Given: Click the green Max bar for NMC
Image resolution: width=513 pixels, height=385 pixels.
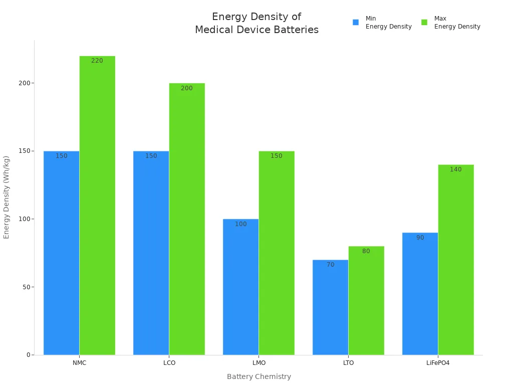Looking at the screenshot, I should pyautogui.click(x=97, y=206).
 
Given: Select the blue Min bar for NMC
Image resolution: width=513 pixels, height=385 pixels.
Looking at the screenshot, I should pyautogui.click(x=61, y=253).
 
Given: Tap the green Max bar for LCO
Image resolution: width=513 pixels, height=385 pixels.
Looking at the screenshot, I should pyautogui.click(x=187, y=219).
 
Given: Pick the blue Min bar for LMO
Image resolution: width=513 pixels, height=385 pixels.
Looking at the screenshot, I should pyautogui.click(x=240, y=287).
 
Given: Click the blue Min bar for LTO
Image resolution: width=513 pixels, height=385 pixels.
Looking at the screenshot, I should pyautogui.click(x=330, y=307).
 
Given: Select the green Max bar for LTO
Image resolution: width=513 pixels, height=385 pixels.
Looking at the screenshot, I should pyautogui.click(x=366, y=301).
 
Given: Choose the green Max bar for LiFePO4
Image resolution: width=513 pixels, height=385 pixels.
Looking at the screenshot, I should pyautogui.click(x=456, y=260).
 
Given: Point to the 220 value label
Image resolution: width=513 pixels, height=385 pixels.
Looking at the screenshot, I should pyautogui.click(x=97, y=61).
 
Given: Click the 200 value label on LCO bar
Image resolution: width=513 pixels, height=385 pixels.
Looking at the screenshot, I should pyautogui.click(x=187, y=88).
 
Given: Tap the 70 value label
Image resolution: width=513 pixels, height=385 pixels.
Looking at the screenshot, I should pyautogui.click(x=330, y=265).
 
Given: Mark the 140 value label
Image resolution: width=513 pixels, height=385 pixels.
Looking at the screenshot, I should pyautogui.click(x=456, y=169).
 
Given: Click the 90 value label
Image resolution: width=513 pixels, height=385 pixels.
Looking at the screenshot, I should pyautogui.click(x=420, y=238).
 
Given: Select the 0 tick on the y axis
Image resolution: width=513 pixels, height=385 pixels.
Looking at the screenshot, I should pyautogui.click(x=29, y=355).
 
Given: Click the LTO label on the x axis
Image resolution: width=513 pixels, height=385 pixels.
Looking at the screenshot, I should pyautogui.click(x=349, y=363).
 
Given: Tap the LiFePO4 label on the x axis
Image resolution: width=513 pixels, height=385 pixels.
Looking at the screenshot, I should pyautogui.click(x=438, y=363).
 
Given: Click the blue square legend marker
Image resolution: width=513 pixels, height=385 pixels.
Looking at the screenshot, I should pyautogui.click(x=356, y=23).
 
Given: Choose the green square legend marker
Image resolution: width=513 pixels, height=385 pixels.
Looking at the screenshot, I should pyautogui.click(x=424, y=23).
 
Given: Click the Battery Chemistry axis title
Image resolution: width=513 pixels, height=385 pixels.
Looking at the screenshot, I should pyautogui.click(x=259, y=376).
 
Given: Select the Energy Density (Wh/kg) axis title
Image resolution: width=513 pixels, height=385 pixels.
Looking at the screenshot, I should pyautogui.click(x=7, y=197).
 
